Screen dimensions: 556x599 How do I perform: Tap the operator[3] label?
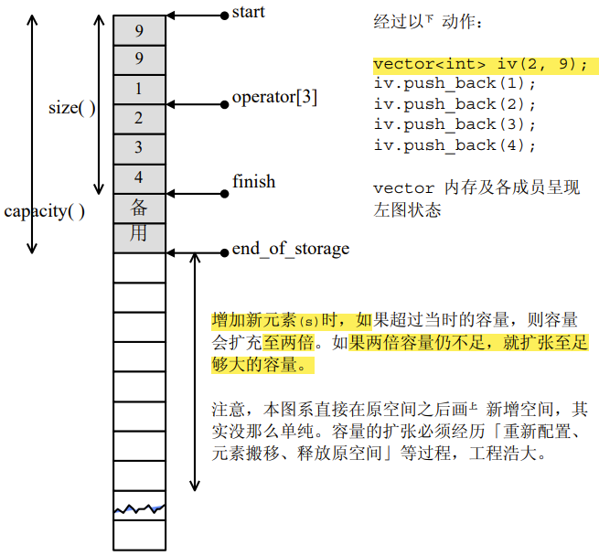point(274,97)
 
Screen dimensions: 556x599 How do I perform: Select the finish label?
point(253,182)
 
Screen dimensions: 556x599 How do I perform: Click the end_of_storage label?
point(290,249)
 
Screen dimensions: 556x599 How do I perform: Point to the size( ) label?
point(72,108)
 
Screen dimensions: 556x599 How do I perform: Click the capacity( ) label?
point(45,211)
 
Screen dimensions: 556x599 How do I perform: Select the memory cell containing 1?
point(139,90)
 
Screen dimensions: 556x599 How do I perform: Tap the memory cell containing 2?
point(139,119)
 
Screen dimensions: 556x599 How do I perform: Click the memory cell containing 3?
point(139,148)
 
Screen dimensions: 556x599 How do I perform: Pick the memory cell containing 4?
point(139,177)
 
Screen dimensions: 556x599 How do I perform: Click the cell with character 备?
point(139,207)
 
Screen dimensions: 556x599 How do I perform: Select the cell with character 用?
point(139,234)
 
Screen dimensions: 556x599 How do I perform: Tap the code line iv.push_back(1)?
point(455,84)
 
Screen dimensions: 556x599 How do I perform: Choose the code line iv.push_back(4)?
point(455,145)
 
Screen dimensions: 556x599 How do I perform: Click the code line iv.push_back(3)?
point(455,125)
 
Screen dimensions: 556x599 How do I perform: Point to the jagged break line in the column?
point(139,508)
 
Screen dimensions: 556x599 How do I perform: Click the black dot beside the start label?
point(223,15)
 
